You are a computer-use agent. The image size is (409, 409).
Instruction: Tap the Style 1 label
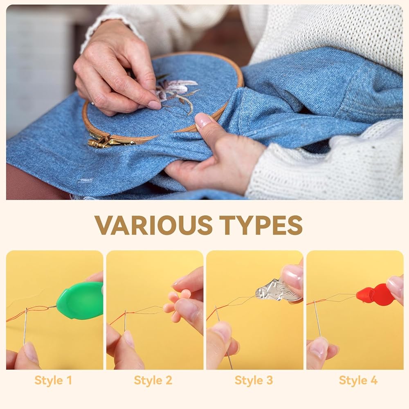coord(53,380)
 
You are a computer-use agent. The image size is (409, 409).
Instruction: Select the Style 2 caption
coord(153,380)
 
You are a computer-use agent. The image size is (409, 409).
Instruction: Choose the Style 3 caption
coord(254,380)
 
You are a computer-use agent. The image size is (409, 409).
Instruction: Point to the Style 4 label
coord(358,380)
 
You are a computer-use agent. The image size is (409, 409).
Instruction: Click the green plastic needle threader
coord(80,300)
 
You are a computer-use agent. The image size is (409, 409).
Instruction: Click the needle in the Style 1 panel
coord(25,326)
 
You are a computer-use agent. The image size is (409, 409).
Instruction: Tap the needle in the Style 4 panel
coord(318,319)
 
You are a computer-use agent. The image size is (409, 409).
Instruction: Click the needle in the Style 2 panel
coord(125,321)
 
